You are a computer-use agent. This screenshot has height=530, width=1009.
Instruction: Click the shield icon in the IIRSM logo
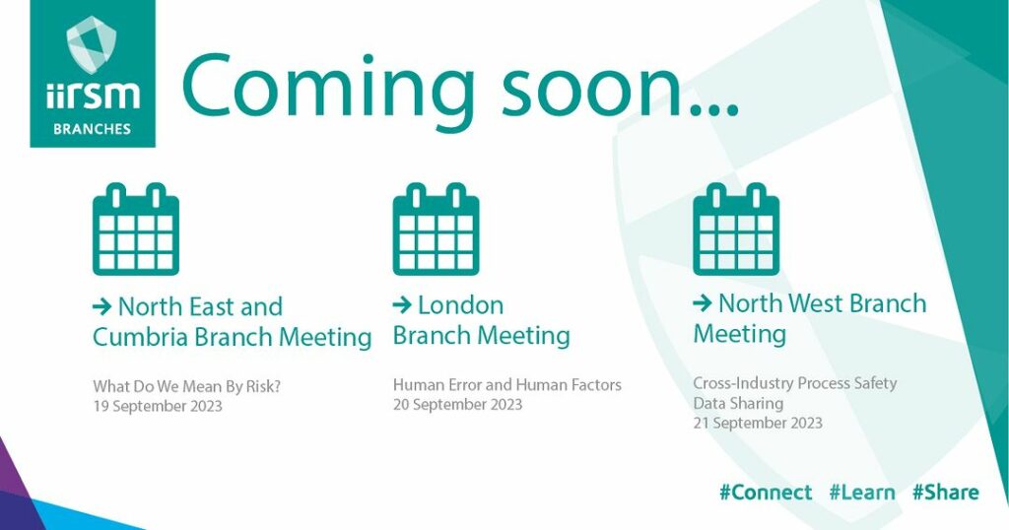pos(92,44)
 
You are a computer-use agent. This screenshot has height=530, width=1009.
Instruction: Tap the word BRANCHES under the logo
pos(92,129)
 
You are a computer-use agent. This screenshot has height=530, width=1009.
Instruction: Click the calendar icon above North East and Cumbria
pos(136,229)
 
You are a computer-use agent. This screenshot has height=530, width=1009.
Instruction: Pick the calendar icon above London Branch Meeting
pos(437,229)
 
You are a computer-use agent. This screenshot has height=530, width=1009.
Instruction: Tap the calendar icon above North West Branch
pos(736,229)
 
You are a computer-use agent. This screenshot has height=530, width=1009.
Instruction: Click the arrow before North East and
pos(102,306)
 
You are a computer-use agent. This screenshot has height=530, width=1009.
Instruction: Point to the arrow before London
pos(402,304)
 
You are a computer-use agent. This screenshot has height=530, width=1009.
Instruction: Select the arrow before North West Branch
pos(703,303)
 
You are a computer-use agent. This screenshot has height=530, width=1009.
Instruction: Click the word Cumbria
pos(140,337)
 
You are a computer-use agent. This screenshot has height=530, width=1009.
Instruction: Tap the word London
pos(461,304)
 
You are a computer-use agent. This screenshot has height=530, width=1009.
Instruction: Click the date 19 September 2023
pos(158,407)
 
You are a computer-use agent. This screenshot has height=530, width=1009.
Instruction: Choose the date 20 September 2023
pos(457,405)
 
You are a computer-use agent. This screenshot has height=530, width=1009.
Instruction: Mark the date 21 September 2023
pos(758,424)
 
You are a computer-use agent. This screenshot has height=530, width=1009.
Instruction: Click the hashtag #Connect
pos(766,493)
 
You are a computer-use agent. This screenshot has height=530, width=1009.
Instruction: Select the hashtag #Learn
pos(862,493)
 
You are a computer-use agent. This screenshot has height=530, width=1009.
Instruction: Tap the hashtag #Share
pos(945,493)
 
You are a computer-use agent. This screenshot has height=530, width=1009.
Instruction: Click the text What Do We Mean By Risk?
pos(187,387)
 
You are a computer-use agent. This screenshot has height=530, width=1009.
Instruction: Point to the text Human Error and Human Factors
pos(507,385)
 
